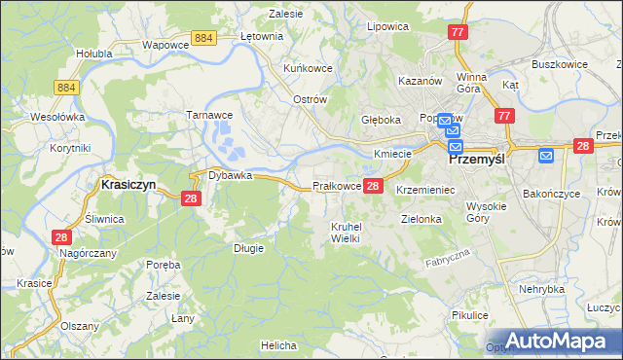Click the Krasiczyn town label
[129, 183]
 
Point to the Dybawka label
[230, 175]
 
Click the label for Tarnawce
[207, 114]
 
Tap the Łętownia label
[261, 36]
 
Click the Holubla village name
[94, 54]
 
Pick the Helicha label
[278, 344]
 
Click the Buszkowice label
[559, 63]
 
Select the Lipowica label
[386, 26]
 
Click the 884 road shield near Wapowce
[203, 37]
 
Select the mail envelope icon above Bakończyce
[546, 154]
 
